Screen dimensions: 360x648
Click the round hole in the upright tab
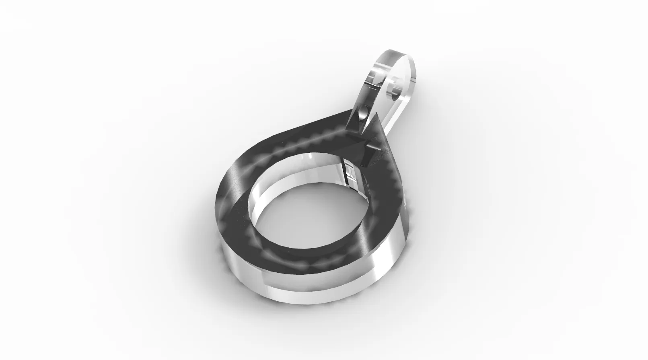click(x=395, y=91)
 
